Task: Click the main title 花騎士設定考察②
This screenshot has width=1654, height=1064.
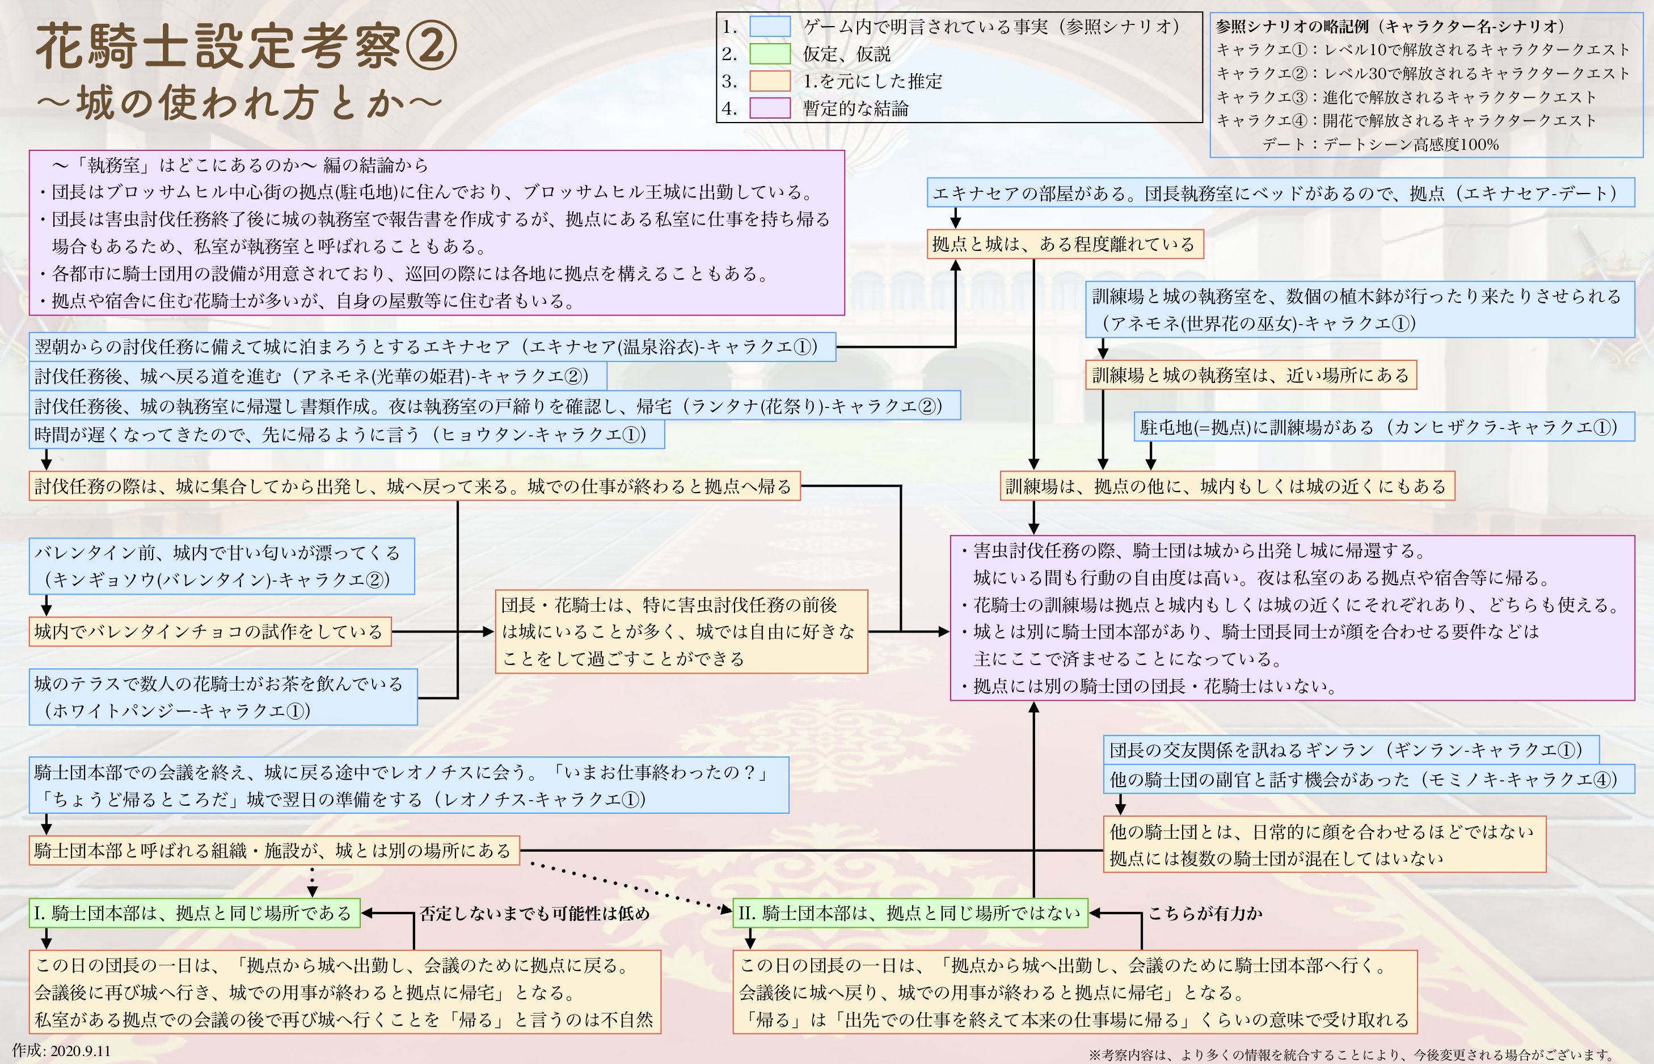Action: pyautogui.click(x=246, y=47)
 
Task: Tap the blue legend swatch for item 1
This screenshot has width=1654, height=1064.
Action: pyautogui.click(x=769, y=27)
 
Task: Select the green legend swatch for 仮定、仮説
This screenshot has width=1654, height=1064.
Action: pyautogui.click(x=769, y=54)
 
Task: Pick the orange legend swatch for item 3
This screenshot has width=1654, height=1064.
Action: pyautogui.click(x=769, y=81)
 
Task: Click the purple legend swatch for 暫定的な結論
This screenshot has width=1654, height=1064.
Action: pyautogui.click(x=769, y=108)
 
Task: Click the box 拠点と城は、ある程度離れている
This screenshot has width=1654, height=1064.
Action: pyautogui.click(x=1064, y=245)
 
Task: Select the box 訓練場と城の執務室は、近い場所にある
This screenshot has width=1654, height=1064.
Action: pyautogui.click(x=1250, y=375)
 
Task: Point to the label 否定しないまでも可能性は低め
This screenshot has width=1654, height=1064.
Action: pyautogui.click(x=534, y=914)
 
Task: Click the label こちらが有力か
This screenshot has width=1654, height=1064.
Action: pyautogui.click(x=1205, y=914)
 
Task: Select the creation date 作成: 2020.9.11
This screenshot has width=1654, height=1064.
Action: pyautogui.click(x=61, y=1051)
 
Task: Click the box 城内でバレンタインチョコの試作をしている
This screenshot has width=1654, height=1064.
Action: pyautogui.click(x=209, y=632)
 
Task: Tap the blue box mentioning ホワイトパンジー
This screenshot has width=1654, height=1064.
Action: pyautogui.click(x=222, y=696)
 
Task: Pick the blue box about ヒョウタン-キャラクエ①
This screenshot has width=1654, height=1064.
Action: pyautogui.click(x=346, y=435)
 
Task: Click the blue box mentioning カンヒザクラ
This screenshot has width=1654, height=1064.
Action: pyautogui.click(x=1384, y=427)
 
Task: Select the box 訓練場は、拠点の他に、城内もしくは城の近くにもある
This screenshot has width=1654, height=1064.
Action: pyautogui.click(x=1226, y=486)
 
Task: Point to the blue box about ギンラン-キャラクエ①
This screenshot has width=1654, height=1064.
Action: pyautogui.click(x=1351, y=750)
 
